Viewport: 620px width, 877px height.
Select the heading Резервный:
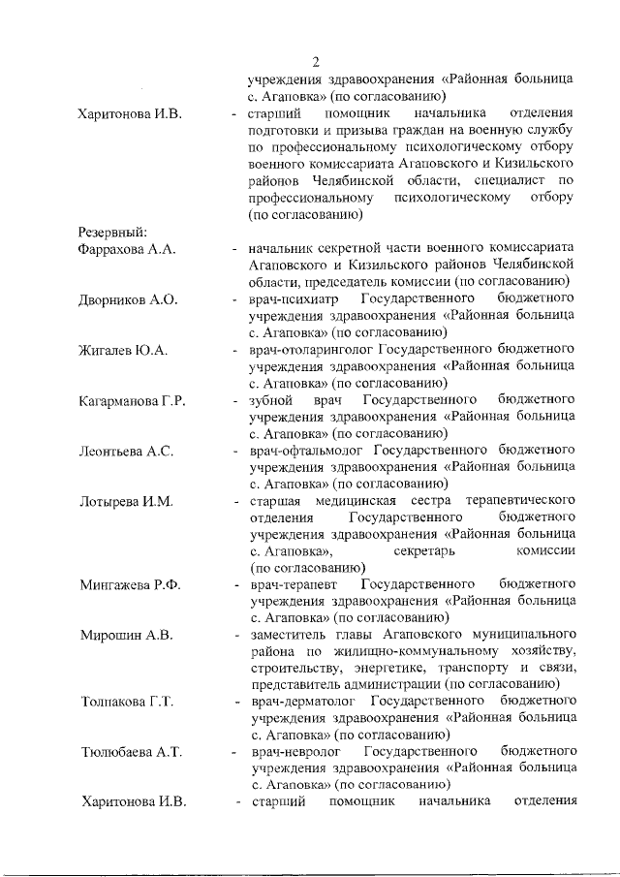click(111, 232)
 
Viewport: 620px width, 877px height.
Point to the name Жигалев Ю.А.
click(123, 350)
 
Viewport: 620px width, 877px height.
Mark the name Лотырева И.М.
click(125, 501)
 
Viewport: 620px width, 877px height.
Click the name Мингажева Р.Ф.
click(130, 584)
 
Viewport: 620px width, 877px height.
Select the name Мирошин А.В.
click(125, 635)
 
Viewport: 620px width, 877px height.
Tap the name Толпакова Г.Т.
click(127, 702)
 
